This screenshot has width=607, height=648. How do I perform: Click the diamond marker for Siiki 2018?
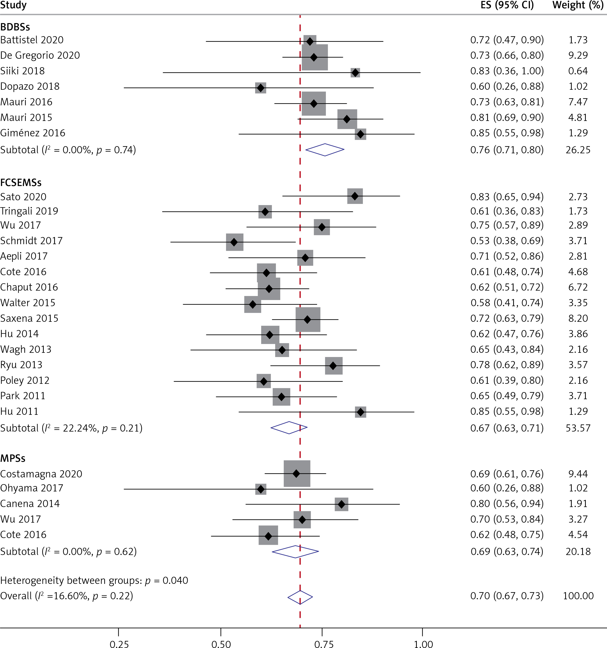355,72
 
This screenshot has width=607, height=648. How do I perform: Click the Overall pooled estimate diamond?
300,597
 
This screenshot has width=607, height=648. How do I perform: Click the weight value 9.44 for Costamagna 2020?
578,474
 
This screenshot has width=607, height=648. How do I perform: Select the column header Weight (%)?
578,5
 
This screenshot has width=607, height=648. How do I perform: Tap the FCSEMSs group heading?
21,183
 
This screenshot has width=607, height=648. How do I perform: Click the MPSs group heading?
13,458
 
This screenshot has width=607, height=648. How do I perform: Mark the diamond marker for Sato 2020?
355,196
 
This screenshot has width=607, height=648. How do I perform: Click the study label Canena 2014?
30,504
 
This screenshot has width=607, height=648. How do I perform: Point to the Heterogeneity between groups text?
94,581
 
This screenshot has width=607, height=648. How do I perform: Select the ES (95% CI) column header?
507,5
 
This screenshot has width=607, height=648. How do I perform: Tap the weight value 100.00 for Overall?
578,596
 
